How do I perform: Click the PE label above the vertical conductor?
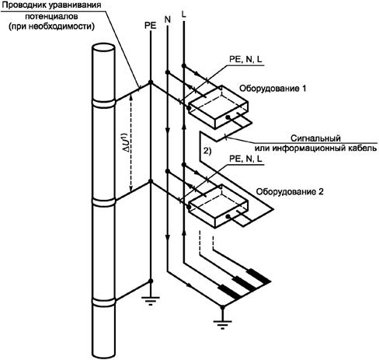(151, 26)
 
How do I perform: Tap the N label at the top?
(168, 19)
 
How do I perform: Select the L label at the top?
(184, 14)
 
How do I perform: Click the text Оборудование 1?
(273, 89)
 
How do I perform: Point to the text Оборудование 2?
(290, 192)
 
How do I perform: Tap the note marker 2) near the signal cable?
(207, 151)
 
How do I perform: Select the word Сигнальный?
(315, 138)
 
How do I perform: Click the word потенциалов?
(51, 16)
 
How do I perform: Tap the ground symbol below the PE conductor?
(151, 301)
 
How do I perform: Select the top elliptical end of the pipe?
(103, 48)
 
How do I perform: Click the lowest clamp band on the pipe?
(103, 302)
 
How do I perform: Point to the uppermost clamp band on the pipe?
(103, 103)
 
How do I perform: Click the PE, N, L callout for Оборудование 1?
(245, 59)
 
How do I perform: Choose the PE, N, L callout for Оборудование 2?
(245, 159)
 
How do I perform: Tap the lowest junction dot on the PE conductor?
(151, 281)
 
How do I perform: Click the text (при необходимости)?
(51, 26)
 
